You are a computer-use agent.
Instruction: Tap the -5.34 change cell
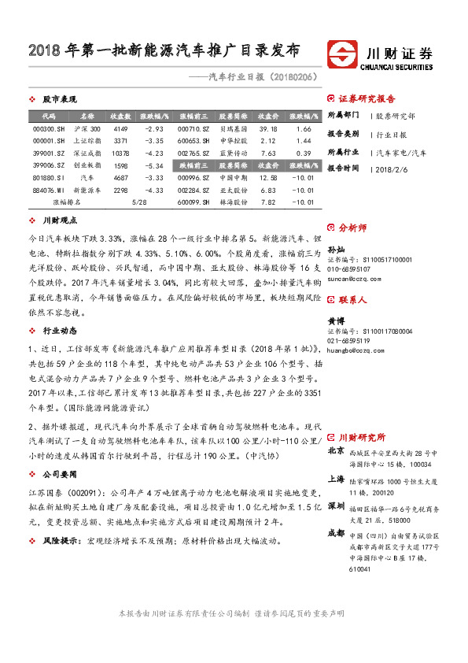pyautogui.click(x=153, y=166)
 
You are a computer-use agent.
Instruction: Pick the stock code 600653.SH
pyautogui.click(x=193, y=141)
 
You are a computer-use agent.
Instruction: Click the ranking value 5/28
pyautogui.click(x=140, y=203)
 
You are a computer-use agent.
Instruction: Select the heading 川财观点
pyautogui.click(x=57, y=221)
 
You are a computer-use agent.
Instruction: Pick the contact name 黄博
pyautogui.click(x=334, y=321)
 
